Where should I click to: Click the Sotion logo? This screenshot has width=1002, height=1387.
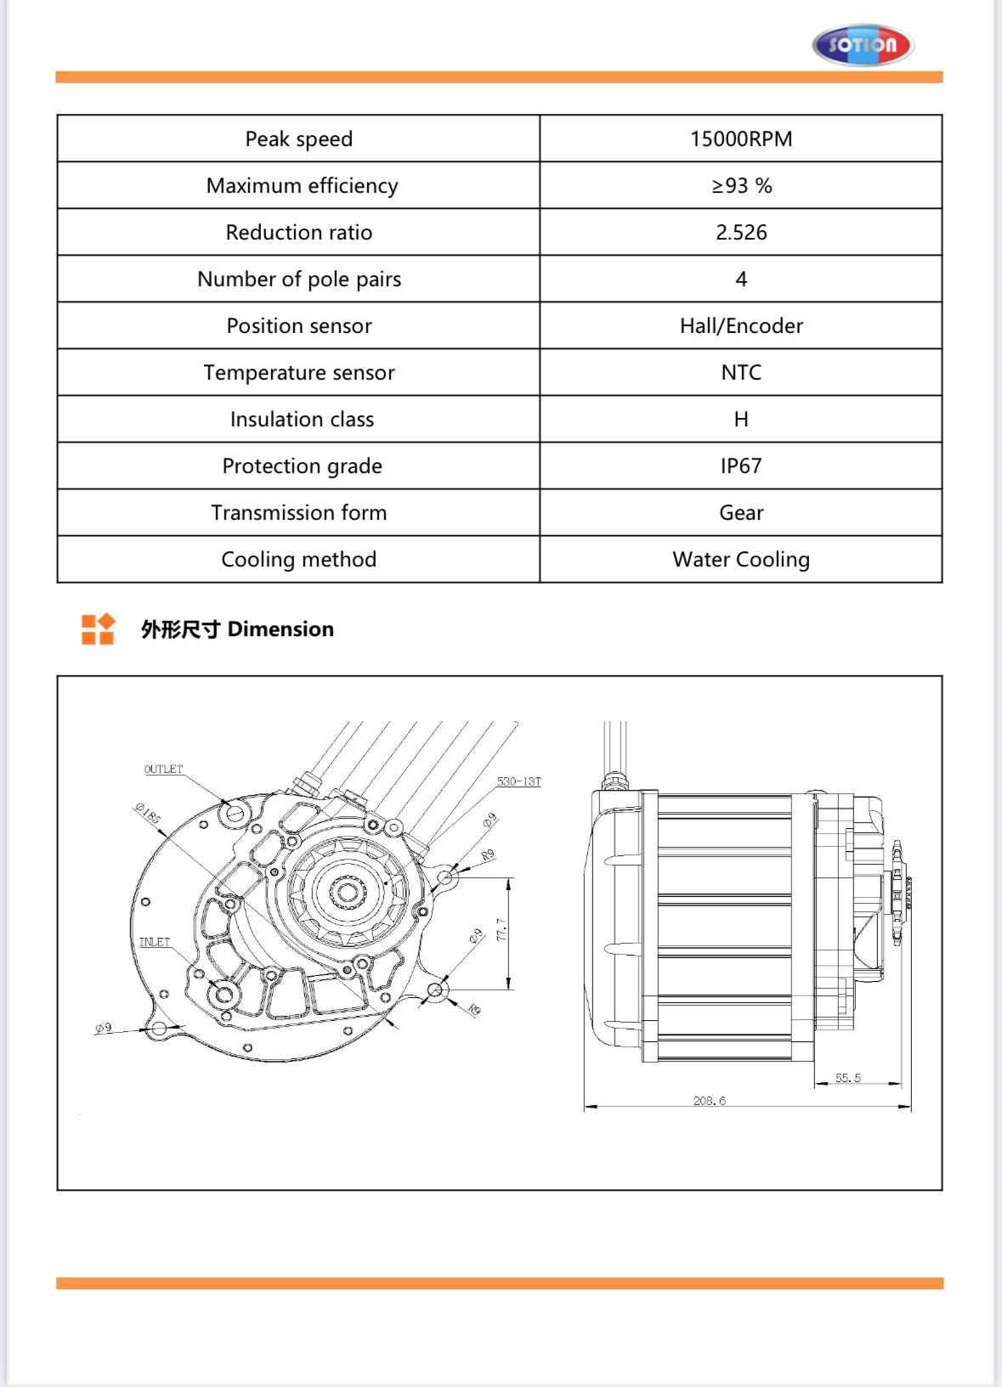[x=863, y=45]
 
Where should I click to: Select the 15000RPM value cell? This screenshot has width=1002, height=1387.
[x=741, y=138]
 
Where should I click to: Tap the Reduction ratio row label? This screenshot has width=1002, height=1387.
[x=298, y=232]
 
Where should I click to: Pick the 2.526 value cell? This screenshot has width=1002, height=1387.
[x=741, y=232]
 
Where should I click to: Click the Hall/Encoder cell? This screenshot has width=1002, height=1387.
[x=741, y=325]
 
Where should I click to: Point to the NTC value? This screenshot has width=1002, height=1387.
[x=741, y=372]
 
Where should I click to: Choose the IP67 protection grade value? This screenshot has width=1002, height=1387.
[x=741, y=465]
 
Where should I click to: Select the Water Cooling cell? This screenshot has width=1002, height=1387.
[x=741, y=559]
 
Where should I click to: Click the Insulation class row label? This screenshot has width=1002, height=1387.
[x=302, y=419]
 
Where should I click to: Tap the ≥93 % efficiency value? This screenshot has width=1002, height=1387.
[x=741, y=185]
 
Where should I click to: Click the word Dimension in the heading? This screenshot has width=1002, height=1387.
[x=280, y=629]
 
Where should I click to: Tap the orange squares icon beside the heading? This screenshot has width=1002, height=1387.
[x=98, y=629]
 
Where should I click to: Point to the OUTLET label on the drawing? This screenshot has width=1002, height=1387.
[x=163, y=769]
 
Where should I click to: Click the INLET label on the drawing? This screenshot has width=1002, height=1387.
[x=155, y=942]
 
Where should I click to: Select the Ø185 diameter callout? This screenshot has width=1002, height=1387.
[x=148, y=814]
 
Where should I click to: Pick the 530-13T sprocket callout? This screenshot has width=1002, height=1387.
[x=518, y=781]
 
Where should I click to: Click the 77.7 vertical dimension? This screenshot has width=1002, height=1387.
[x=501, y=930]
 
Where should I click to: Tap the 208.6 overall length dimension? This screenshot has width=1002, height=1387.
[x=709, y=1101]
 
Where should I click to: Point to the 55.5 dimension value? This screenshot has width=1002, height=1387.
[x=847, y=1078]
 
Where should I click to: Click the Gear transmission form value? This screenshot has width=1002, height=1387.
[x=741, y=512]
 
